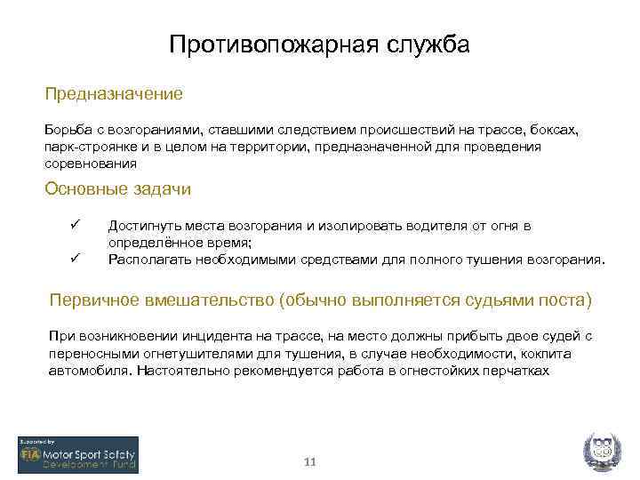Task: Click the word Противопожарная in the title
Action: (x=270, y=44)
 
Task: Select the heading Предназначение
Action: (x=114, y=93)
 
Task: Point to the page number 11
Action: (x=310, y=462)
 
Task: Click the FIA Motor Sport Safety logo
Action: (x=78, y=456)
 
